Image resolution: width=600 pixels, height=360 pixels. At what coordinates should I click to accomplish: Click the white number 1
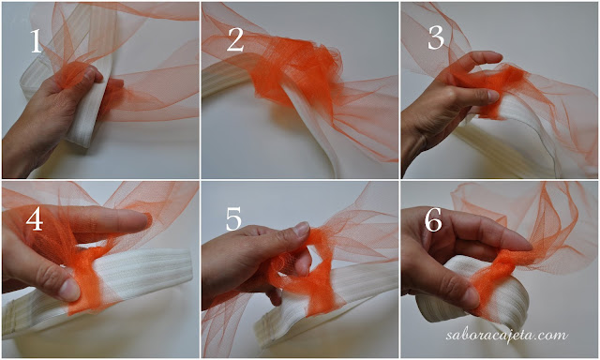tap(36, 41)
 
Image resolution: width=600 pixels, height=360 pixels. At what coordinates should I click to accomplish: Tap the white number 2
tap(235, 39)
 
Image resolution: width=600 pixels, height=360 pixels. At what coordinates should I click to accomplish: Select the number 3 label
tap(436, 38)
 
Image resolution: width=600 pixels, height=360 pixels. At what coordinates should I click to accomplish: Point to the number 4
tap(35, 220)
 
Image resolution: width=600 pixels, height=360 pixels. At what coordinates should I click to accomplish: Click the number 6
tap(433, 220)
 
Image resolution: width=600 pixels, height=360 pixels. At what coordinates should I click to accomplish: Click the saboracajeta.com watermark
tap(506, 335)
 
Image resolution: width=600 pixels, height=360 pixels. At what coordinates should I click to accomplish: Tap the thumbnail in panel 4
tap(68, 289)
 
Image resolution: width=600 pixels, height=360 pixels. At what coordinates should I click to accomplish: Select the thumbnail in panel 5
tap(301, 229)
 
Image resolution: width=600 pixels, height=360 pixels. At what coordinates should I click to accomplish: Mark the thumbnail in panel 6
tap(470, 297)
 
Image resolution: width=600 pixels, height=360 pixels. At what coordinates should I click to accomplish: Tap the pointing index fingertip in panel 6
tap(523, 245)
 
